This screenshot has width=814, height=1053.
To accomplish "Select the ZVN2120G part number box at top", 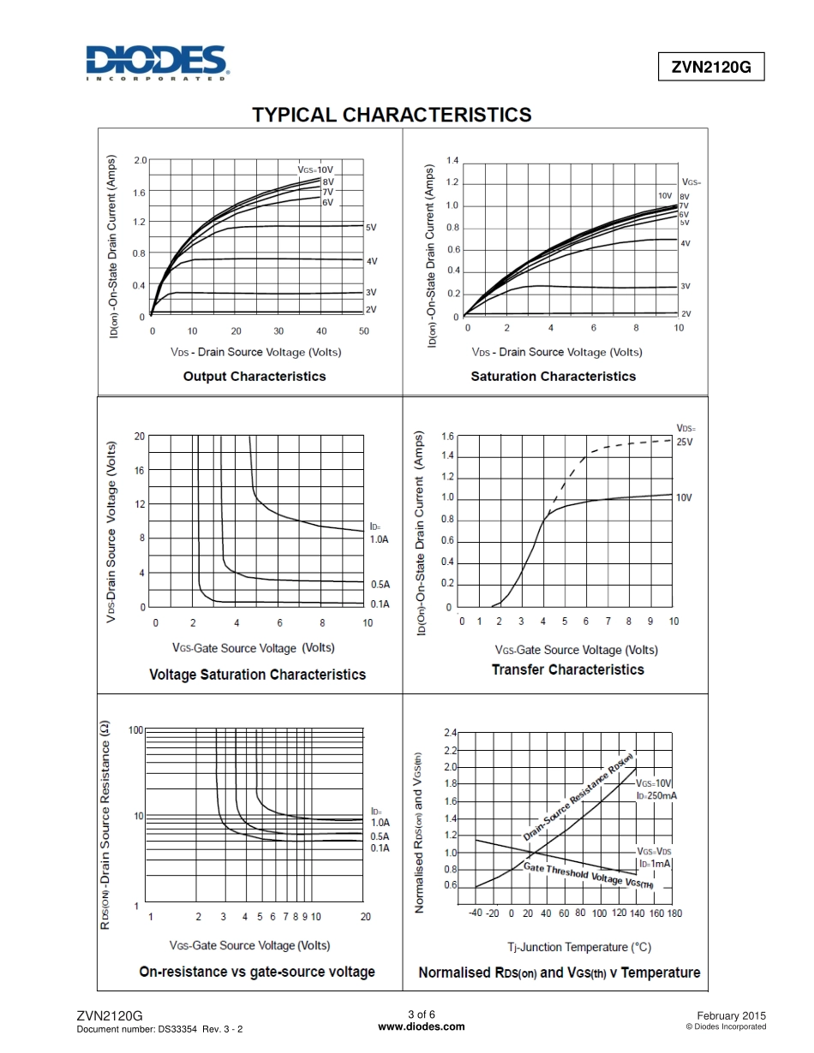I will tap(710, 68).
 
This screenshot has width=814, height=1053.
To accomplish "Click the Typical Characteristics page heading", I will tap(392, 115).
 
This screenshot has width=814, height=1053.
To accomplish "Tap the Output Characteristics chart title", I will tap(254, 377).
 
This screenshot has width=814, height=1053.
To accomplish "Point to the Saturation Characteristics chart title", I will tap(553, 377).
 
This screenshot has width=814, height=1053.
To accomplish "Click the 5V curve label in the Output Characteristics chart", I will tap(371, 229).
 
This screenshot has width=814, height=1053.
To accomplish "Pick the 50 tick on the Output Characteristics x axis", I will tap(363, 331).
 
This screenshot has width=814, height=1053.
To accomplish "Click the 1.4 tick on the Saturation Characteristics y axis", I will tap(452, 161).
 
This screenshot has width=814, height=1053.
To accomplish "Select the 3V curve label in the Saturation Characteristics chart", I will tap(685, 287).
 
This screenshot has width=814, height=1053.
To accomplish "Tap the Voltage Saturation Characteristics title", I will tap(257, 675).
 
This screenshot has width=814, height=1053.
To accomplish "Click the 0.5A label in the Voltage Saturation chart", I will tap(380, 585).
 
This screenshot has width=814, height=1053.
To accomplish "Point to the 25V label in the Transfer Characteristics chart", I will tap(684, 442).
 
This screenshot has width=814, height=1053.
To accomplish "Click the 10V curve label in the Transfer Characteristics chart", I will tap(684, 497).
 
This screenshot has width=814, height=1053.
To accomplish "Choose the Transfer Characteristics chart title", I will tap(567, 669).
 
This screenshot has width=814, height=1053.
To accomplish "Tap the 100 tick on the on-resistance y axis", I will tap(135, 730).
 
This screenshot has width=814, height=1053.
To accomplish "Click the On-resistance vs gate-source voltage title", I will tap(257, 972).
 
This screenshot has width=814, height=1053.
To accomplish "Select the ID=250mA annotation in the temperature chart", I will tap(656, 796).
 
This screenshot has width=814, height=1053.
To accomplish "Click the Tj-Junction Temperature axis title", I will tap(579, 947).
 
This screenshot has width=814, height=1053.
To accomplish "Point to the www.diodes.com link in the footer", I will tap(422, 1026).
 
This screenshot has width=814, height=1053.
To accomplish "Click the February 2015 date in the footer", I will tap(732, 1014).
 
